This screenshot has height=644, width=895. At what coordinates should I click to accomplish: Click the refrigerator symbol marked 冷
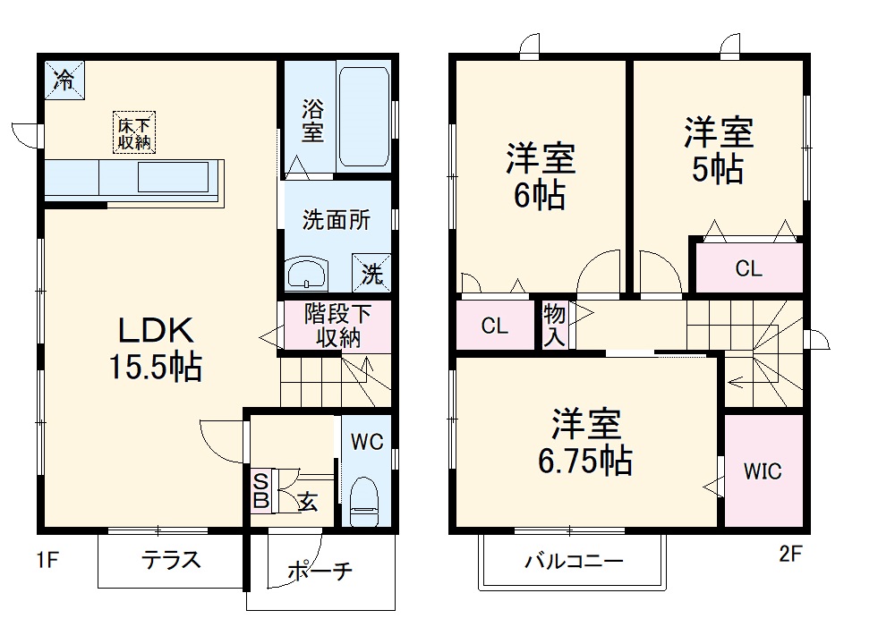tap(64, 79)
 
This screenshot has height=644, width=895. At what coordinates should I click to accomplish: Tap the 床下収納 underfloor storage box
tap(133, 133)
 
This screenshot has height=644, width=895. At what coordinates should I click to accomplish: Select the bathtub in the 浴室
tap(363, 114)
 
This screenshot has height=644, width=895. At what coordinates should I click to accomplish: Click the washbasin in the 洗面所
tap(307, 272)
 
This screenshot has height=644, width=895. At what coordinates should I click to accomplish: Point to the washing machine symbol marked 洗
tap(371, 274)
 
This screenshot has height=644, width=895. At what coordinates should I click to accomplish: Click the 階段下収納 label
tap(336, 326)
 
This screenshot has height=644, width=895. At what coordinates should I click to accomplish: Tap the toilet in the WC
tap(365, 502)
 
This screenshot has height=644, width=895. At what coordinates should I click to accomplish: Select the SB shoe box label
tap(260, 491)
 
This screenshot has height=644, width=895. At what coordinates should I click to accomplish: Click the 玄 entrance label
tap(307, 502)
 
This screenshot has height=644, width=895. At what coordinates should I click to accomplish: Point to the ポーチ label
tap(320, 572)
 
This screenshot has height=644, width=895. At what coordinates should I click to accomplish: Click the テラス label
tap(170, 561)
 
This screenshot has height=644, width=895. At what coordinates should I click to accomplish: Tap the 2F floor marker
tap(789, 554)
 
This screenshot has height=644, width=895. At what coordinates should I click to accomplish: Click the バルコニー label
tap(573, 563)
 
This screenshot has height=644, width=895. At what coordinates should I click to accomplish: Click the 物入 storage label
tap(554, 326)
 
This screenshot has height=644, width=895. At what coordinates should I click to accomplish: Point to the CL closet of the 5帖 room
tap(748, 268)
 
